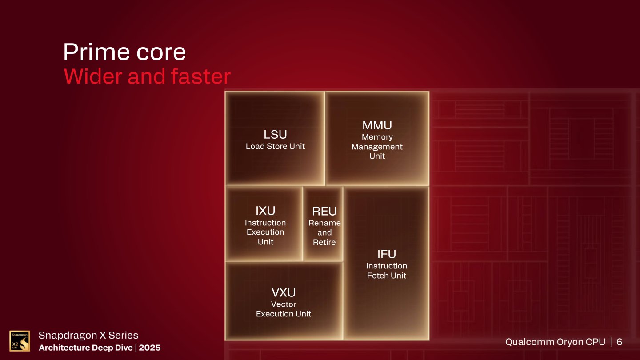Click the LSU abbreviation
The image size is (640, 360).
tap(275, 135)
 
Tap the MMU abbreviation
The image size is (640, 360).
tap(377, 125)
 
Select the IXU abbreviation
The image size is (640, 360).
tap(265, 211)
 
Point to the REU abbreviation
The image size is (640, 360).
tap(324, 212)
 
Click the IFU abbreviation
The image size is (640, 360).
tap(387, 254)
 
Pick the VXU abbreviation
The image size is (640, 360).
tap(284, 292)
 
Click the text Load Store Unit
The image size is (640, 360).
tap(275, 146)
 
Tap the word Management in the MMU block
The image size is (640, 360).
tap(377, 147)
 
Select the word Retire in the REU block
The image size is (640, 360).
tap(324, 242)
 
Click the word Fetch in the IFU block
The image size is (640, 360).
tap(376, 276)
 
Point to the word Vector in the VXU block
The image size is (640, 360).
tap(284, 304)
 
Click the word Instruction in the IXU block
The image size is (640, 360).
tap(265, 223)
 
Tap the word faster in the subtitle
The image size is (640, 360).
tap(200, 76)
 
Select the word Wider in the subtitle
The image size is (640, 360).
tap(93, 76)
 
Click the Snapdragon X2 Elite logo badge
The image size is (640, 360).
tap(20, 341)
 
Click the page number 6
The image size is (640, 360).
tap(619, 342)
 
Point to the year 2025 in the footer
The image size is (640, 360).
tap(150, 348)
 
